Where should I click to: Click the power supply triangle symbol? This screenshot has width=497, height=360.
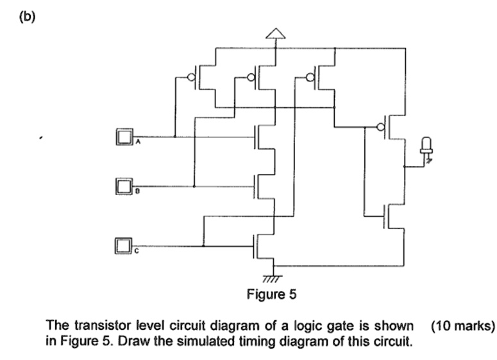274,33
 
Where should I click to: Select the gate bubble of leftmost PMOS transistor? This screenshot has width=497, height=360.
190,78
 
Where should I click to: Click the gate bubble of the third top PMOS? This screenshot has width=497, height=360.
312,78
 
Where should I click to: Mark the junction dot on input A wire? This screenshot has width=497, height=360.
174,137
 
